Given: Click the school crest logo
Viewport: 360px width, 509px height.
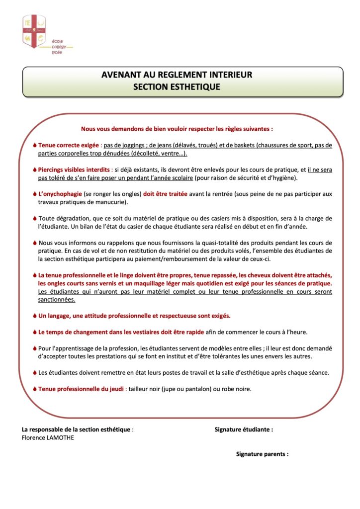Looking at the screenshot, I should [x=34, y=31].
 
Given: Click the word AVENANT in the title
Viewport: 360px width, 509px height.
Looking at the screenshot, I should [x=120, y=75].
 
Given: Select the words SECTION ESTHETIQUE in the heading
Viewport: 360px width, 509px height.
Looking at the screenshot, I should [x=176, y=86].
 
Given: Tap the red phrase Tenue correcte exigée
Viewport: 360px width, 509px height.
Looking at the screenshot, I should [x=69, y=145].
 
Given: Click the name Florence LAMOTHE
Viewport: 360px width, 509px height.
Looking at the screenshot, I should [x=48, y=437].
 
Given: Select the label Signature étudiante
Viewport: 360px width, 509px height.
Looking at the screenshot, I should [x=243, y=429].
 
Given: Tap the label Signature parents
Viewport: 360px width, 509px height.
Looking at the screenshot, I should [x=262, y=454].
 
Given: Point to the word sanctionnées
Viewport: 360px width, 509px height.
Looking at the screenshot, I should [x=57, y=300].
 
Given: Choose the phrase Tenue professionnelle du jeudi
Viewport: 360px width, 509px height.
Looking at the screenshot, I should [x=82, y=389].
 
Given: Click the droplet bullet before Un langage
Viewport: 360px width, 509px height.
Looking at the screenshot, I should [x=34, y=316].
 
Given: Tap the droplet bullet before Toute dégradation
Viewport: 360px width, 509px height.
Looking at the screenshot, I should [x=34, y=218].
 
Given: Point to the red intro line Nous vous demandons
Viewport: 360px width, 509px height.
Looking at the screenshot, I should [x=177, y=128].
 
